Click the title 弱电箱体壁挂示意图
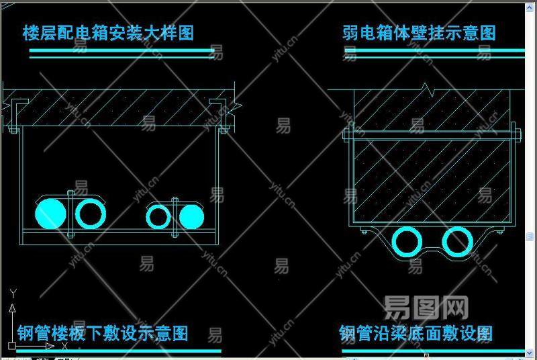click(419, 33)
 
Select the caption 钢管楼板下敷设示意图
click(102, 333)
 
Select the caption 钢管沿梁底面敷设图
click(416, 333)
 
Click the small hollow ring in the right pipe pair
click(158, 216)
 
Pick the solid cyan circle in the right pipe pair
click(191, 216)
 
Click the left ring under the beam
click(407, 242)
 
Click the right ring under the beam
click(458, 242)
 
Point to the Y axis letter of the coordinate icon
click(12, 292)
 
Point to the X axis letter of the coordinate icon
click(64, 346)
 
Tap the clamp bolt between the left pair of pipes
click(70, 214)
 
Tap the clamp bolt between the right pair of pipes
click(175, 216)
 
